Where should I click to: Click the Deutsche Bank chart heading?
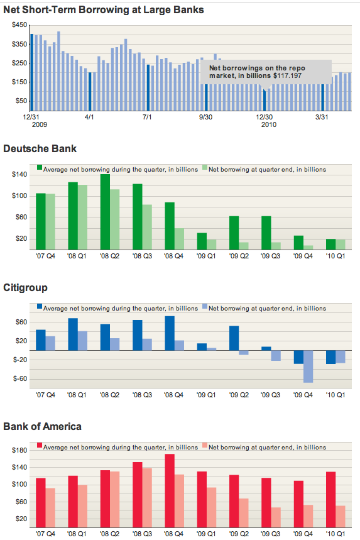point(40,149)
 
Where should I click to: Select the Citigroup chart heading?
point(26,288)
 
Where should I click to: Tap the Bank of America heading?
point(42,427)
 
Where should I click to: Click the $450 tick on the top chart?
point(19,25)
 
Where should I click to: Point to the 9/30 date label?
point(205,117)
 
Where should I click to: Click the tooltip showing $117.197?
point(266,72)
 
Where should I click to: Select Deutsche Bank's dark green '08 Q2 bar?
point(105,212)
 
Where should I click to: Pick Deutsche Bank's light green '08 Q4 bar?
point(179,239)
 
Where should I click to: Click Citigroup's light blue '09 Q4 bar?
point(308,366)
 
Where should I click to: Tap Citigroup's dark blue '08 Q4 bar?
point(170,333)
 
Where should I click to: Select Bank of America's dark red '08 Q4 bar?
point(170,491)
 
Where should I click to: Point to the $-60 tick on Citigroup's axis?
point(20,379)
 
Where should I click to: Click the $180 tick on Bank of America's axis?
point(19,451)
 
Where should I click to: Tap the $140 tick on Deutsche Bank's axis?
point(19,175)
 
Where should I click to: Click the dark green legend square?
point(40,168)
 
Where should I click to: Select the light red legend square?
point(205,446)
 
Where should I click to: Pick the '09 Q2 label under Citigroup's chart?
point(239,395)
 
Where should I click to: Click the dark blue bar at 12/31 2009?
point(31,72)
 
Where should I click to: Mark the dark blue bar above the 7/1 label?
point(148,88)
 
